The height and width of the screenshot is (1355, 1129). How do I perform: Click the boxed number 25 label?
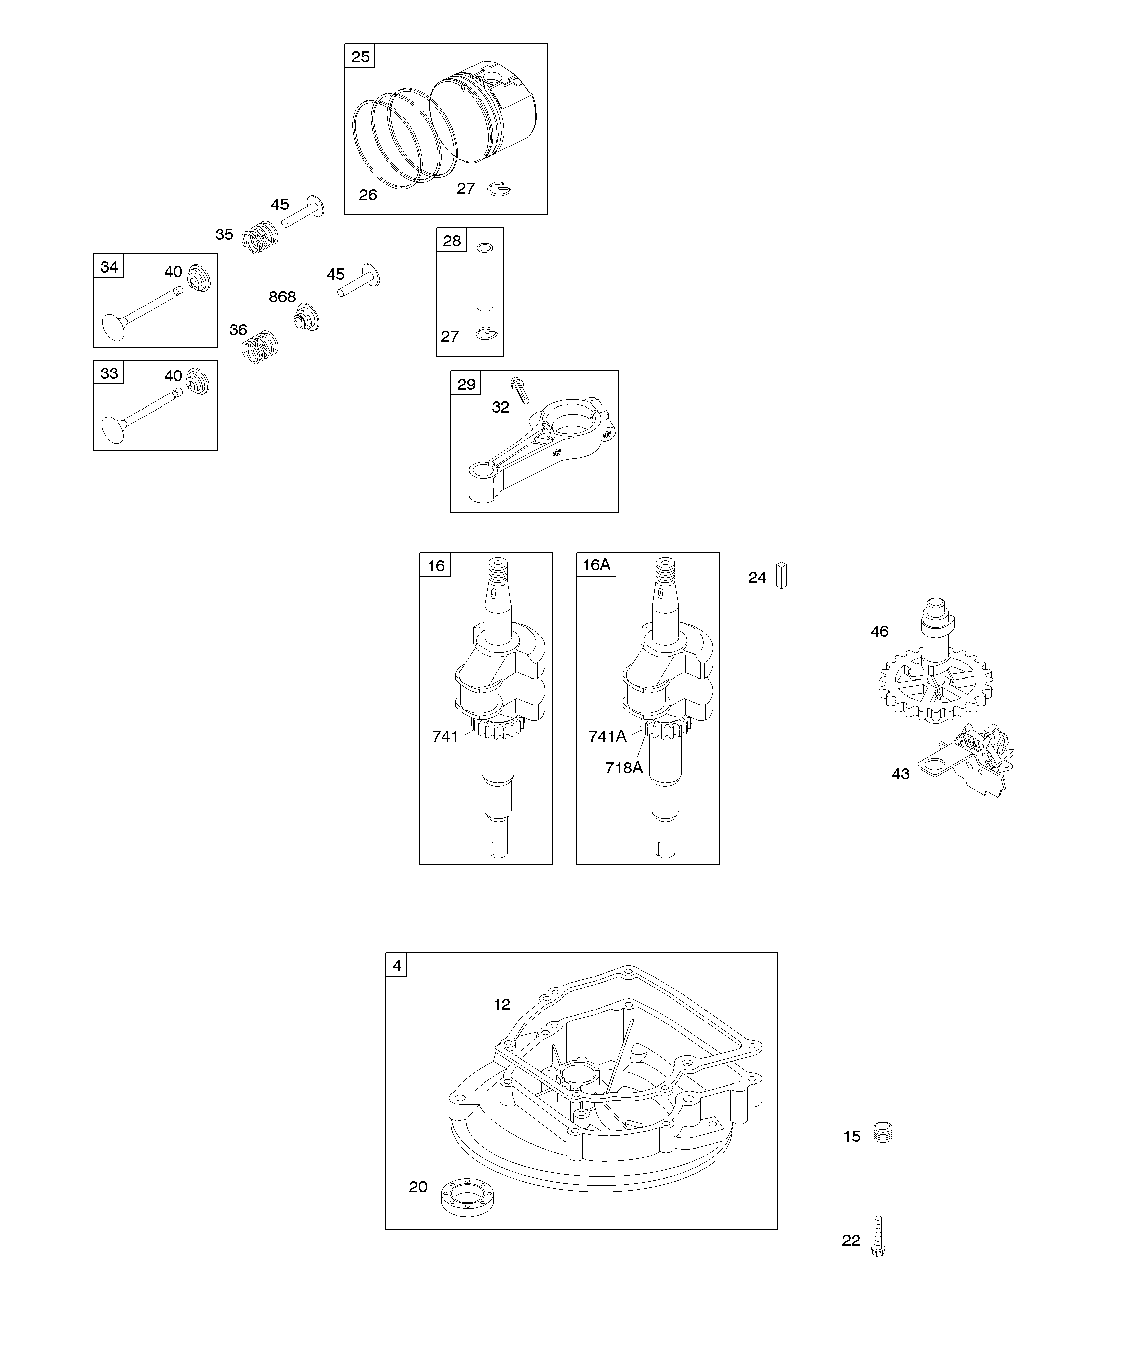coord(360,57)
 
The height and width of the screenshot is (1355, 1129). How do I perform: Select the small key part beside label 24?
coord(781,575)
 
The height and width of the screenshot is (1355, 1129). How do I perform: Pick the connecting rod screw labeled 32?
coord(519,390)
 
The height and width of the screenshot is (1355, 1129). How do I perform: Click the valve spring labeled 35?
coord(260,237)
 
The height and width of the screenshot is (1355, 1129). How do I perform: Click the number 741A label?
coord(607,736)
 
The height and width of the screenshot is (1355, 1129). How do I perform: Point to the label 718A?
coord(624,767)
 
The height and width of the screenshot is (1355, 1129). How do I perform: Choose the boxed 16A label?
coord(596,565)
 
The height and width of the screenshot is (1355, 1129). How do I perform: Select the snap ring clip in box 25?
coord(500,189)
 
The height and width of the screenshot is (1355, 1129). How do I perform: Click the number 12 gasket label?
coord(502,1004)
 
